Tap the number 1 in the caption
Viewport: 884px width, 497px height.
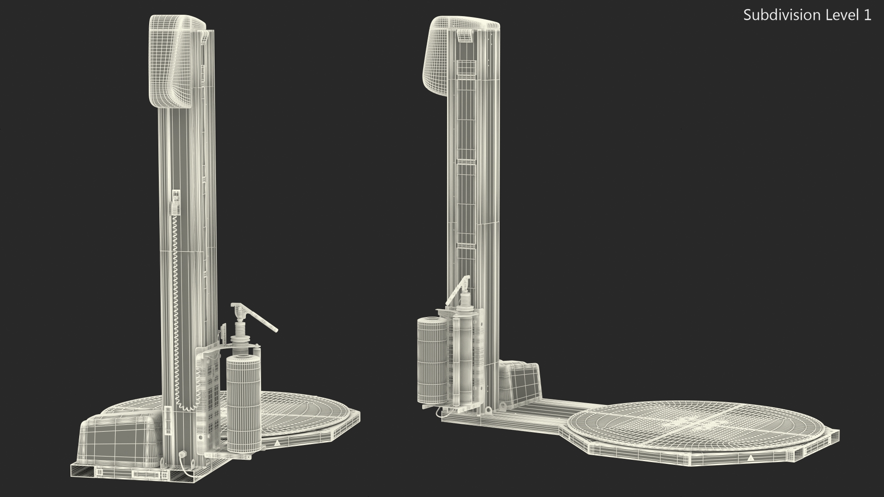pyautogui.click(x=867, y=15)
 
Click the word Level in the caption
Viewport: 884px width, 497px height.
pyautogui.click(x=842, y=15)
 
